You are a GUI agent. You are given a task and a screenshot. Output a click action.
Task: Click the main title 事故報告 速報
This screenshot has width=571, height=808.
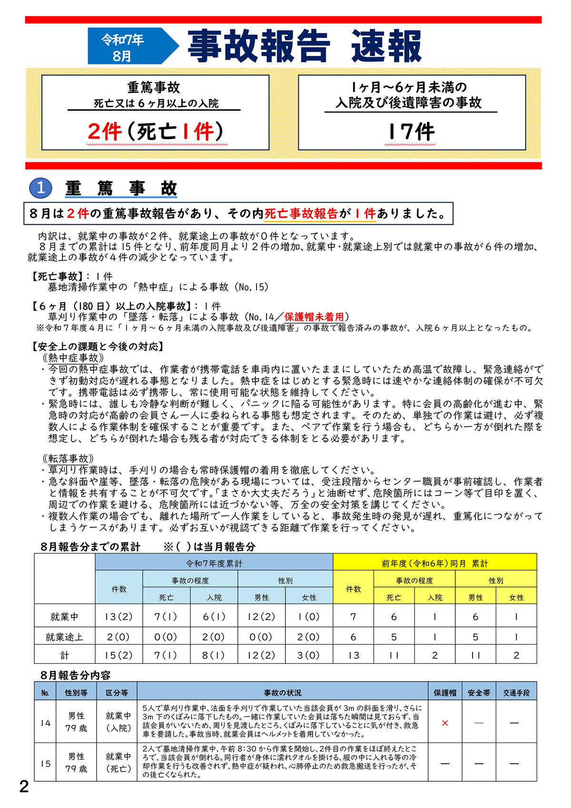click(305, 46)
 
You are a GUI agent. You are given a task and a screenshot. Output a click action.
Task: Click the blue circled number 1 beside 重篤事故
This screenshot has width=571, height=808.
click(41, 188)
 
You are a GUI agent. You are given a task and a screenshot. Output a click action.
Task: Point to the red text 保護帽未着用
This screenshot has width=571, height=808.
click(314, 317)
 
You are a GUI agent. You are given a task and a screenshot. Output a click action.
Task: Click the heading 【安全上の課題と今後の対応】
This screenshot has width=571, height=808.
click(97, 346)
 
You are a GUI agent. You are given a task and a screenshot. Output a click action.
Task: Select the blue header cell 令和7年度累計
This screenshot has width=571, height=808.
click(214, 563)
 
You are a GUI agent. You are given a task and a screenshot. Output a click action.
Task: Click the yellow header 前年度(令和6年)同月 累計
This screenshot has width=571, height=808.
click(435, 563)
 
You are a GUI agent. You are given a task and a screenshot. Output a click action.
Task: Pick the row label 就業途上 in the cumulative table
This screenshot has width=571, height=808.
click(64, 637)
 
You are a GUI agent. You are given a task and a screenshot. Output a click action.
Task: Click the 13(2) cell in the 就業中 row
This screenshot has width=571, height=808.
click(119, 616)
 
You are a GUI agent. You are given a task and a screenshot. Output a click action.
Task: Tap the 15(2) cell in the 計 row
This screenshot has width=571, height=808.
click(119, 655)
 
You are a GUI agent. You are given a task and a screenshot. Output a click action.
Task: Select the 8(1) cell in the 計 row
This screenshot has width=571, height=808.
click(214, 655)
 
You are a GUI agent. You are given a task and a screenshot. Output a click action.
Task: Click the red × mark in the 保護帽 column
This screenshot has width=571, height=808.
click(445, 723)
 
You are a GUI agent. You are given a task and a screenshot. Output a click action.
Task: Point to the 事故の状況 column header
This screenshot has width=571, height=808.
click(283, 693)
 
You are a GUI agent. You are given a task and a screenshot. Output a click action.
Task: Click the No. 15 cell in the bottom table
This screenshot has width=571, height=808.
click(45, 764)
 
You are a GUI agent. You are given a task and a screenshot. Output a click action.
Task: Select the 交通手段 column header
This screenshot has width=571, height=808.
click(516, 693)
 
